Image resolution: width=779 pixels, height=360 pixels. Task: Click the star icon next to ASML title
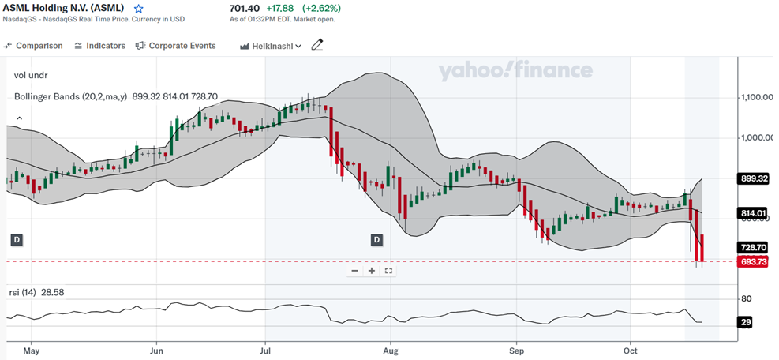pyautogui.click(x=139, y=9)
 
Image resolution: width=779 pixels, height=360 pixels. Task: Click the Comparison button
pyautogui.click(x=34, y=46)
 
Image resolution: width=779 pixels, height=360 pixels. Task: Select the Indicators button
pyautogui.click(x=99, y=46)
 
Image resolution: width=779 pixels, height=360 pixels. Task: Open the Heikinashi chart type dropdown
pyautogui.click(x=271, y=46)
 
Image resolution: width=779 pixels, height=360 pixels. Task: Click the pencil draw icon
pyautogui.click(x=317, y=46)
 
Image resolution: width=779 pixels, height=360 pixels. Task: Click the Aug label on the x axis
pyautogui.click(x=389, y=349)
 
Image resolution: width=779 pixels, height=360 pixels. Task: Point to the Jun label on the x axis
pyautogui.click(x=156, y=349)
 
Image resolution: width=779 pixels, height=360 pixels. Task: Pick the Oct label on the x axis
pyautogui.click(x=631, y=349)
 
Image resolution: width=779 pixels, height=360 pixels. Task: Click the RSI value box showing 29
pyautogui.click(x=746, y=322)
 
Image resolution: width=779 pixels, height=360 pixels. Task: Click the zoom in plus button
pyautogui.click(x=372, y=271)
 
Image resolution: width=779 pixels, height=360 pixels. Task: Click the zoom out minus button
pyautogui.click(x=355, y=271)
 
